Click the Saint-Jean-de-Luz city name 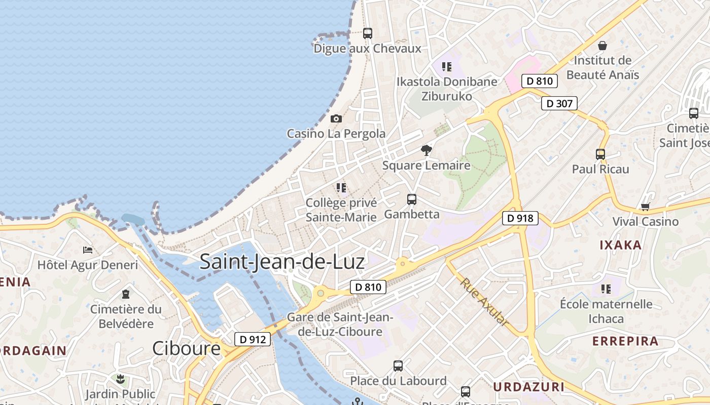pos(282,262)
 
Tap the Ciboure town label pos(187,348)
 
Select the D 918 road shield pos(520,218)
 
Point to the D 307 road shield pos(559,104)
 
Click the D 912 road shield pos(252,339)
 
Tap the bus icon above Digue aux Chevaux pos(368,33)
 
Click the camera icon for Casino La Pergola pos(336,119)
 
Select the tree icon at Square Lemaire pos(426,150)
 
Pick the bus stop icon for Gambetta pos(411,199)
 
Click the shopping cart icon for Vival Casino pos(645,207)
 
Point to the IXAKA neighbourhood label pos(621,245)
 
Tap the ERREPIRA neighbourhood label pos(625,341)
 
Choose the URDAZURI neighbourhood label pos(528,387)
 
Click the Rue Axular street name pos(484,301)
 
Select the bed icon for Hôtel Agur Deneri pos(88,250)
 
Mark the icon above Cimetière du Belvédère pos(125,294)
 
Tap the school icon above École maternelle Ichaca pos(606,289)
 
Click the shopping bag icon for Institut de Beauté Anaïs pos(602,46)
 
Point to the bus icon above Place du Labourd pos(398,366)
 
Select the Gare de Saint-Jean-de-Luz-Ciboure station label pos(340,325)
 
